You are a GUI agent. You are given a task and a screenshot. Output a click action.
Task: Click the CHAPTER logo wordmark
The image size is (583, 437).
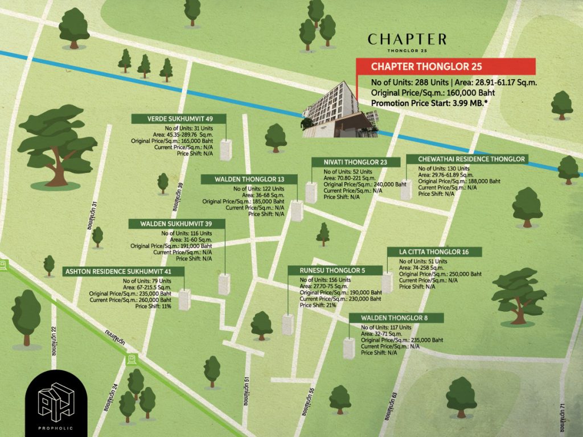pyautogui.click(x=407, y=39)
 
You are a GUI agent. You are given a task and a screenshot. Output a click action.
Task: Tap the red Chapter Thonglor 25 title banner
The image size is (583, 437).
pyautogui.click(x=446, y=67)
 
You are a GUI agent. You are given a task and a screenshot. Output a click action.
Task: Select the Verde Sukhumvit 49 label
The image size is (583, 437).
pyautogui.click(x=179, y=119)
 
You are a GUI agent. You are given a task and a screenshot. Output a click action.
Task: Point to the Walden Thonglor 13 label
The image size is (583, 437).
pyautogui.click(x=249, y=180)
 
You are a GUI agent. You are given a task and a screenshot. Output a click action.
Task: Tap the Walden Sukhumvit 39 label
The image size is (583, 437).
pyautogui.click(x=176, y=224)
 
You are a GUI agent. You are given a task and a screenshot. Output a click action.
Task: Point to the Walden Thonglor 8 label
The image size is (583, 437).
pyautogui.click(x=394, y=318)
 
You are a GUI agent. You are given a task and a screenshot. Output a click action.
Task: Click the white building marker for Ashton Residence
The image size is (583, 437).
pyautogui.click(x=184, y=299)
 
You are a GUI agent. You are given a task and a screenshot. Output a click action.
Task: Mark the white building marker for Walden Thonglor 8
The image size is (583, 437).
pyautogui.click(x=349, y=348)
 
